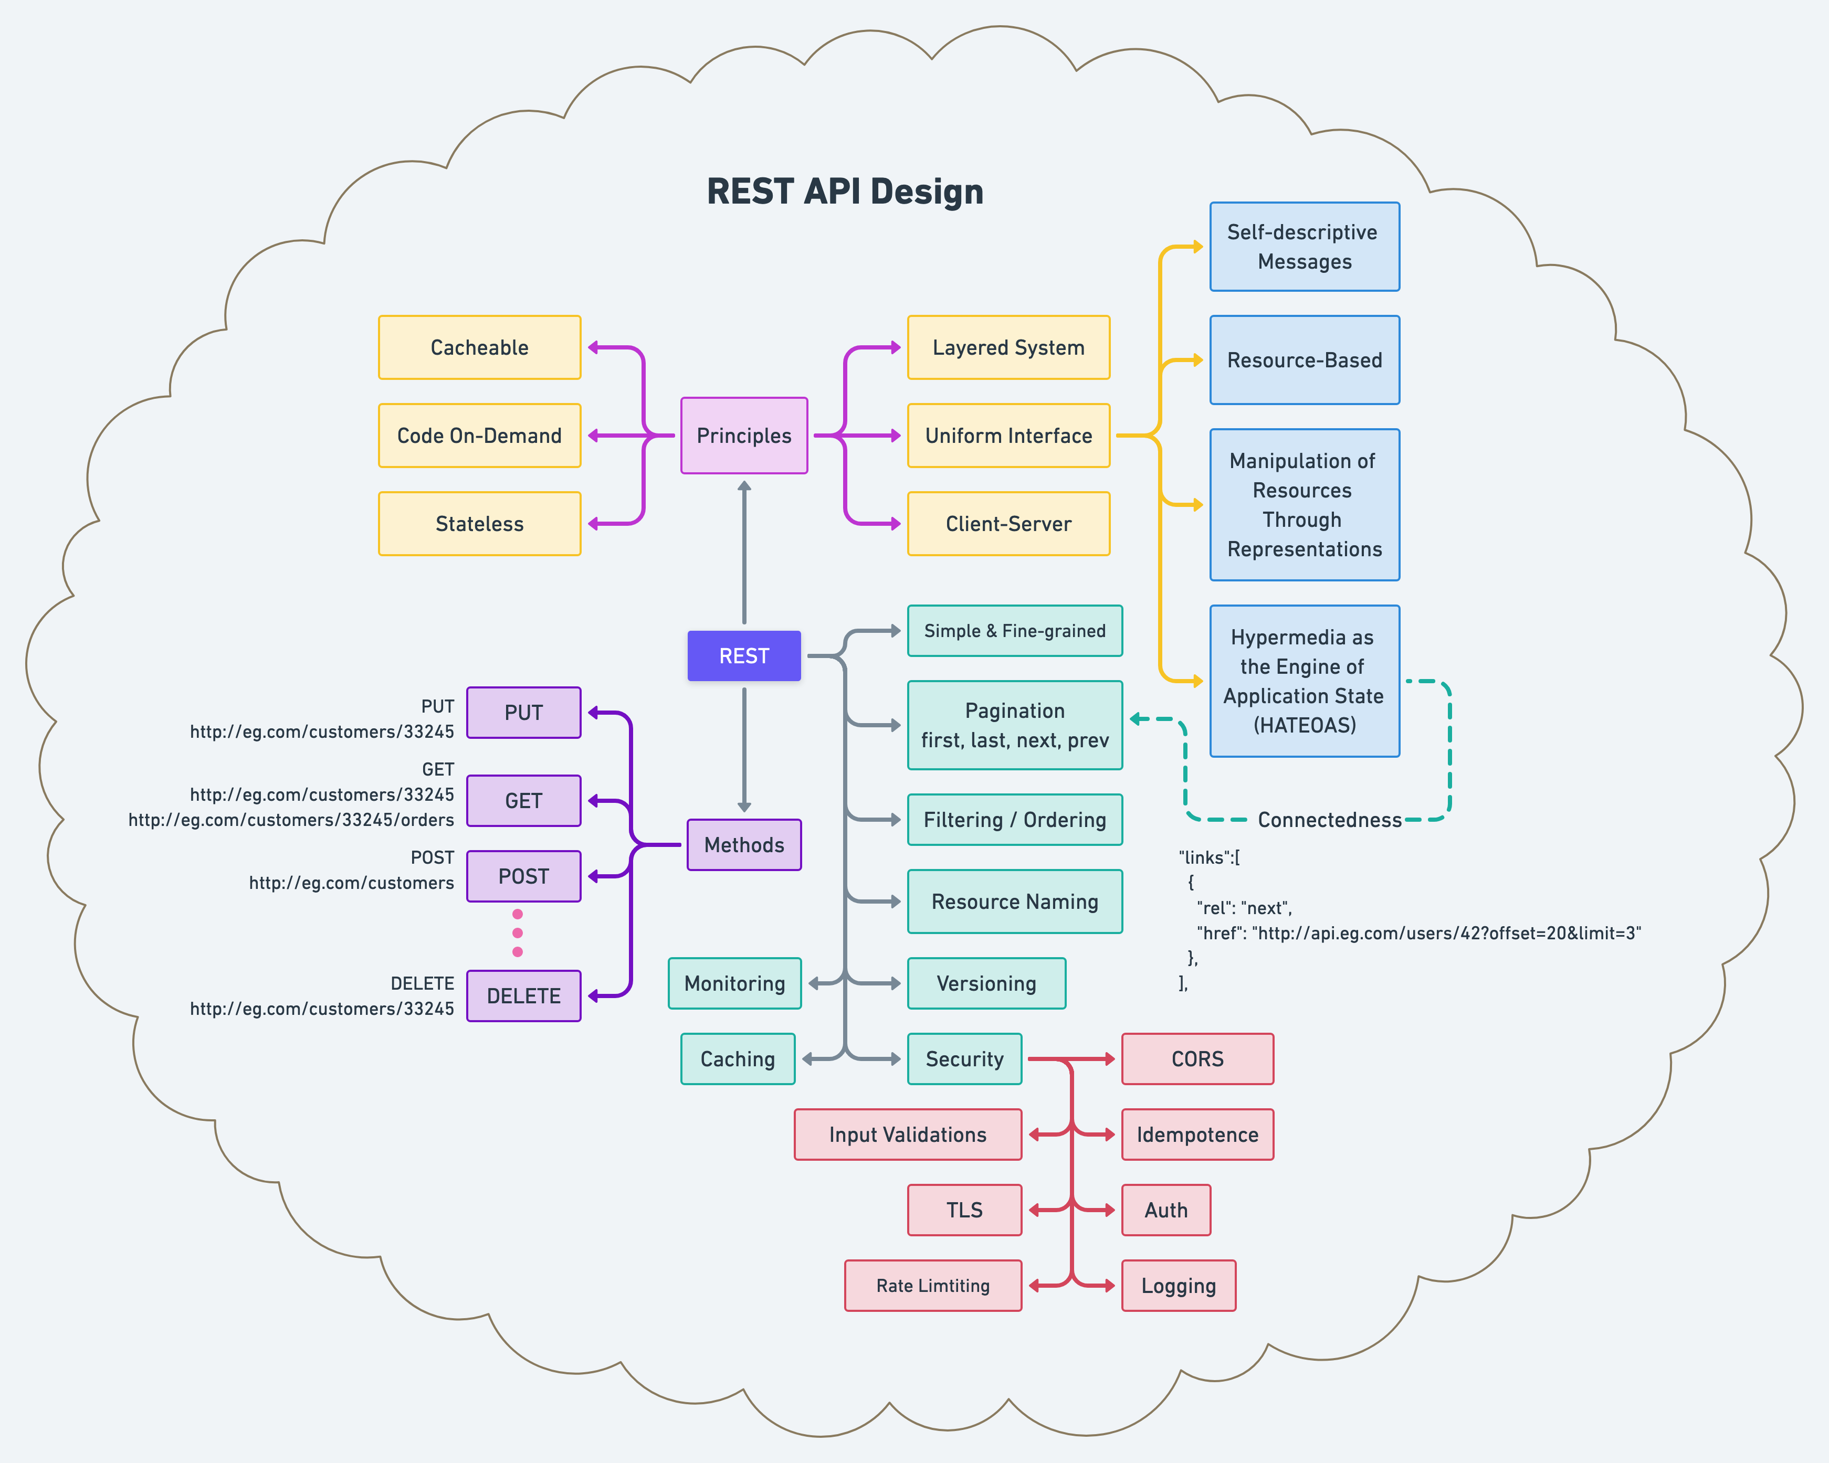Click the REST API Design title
coord(845,192)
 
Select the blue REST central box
coord(744,655)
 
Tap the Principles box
coord(744,435)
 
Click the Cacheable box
coord(479,348)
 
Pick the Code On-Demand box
coord(479,435)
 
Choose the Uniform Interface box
coord(1008,435)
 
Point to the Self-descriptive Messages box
coord(1304,247)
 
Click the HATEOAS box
coord(1304,681)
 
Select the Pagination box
coord(1015,725)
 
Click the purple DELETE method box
coord(523,995)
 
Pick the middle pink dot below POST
coord(518,933)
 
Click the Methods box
coord(744,845)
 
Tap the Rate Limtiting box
coord(933,1286)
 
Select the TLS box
coord(964,1210)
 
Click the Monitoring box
coord(734,983)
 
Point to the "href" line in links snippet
coord(1418,933)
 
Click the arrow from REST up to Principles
coord(744,552)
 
